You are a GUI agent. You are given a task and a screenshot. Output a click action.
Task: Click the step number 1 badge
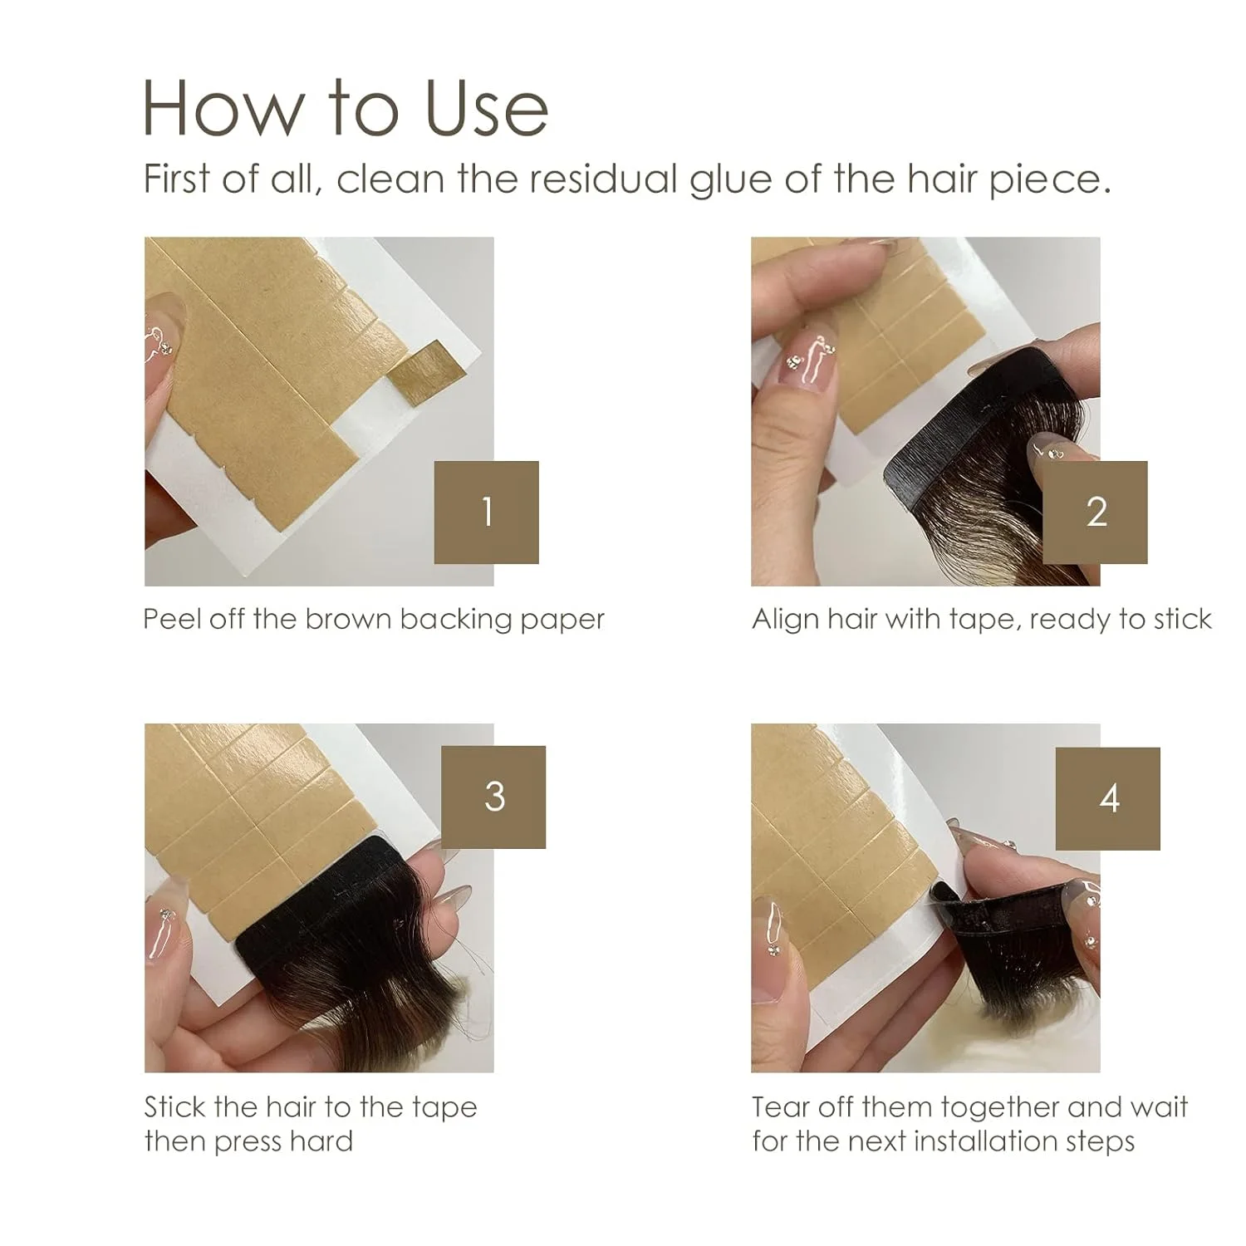[x=486, y=513]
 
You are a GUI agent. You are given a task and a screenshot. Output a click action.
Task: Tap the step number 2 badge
[x=1095, y=513]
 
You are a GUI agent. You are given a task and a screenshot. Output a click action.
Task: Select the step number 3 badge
[x=493, y=797]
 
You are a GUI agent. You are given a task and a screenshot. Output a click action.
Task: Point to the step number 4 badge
[x=1107, y=798]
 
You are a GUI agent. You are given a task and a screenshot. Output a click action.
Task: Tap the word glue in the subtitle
[x=732, y=179]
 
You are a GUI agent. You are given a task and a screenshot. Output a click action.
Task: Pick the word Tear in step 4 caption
[x=781, y=1107]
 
